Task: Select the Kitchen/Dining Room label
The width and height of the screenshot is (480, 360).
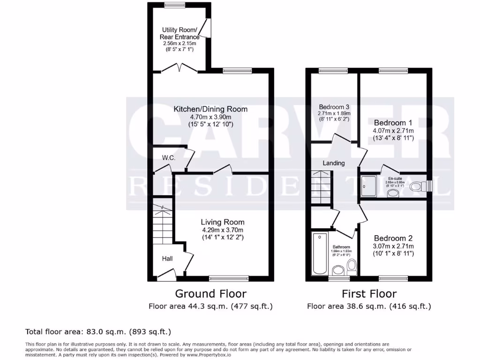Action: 210,109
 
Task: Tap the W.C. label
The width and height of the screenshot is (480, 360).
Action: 169,158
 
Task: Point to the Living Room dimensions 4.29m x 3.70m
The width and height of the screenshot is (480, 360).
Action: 223,230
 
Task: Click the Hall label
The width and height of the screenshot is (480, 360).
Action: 167,258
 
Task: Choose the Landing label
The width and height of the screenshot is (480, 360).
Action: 333,163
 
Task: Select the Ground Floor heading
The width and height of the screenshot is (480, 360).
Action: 210,294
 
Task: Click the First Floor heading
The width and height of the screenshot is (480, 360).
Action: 369,294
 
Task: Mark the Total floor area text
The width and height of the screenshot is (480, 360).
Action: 98,332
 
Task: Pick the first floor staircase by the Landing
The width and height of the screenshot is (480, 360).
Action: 321,187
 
